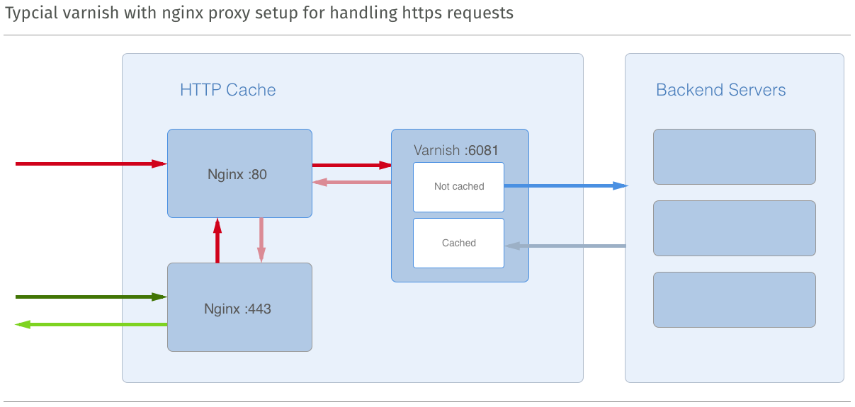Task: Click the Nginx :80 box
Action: point(239,173)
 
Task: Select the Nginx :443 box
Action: point(239,307)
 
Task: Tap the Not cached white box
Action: point(458,187)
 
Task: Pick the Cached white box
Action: point(458,243)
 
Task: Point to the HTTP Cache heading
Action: point(227,90)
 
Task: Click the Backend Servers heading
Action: point(720,90)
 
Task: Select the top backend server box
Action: point(734,156)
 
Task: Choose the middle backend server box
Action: point(734,228)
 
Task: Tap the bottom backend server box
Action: point(734,299)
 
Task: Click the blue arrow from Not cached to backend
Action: point(565,185)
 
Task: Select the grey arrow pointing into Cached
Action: point(565,246)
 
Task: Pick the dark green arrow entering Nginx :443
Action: point(91,297)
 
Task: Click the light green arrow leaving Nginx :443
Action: point(91,324)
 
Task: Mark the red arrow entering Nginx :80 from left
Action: point(91,164)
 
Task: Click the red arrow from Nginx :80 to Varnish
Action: point(351,165)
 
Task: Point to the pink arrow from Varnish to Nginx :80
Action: point(351,182)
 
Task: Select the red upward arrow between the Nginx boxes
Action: point(217,241)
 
